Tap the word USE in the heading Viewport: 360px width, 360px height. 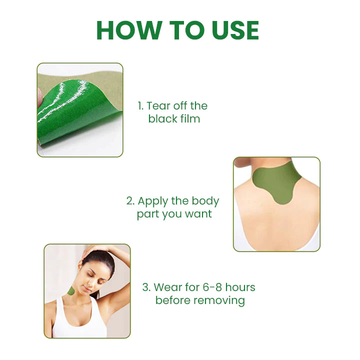point(235,30)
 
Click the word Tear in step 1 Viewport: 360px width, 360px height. point(158,106)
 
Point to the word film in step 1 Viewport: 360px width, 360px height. point(190,118)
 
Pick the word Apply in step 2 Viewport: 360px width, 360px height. point(153,201)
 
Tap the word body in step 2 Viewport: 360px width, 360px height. point(205,201)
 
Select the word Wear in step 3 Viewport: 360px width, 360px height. point(168,287)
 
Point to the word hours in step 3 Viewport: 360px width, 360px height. point(240,287)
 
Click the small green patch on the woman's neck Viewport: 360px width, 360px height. point(71,292)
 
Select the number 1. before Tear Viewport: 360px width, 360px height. point(140,106)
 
